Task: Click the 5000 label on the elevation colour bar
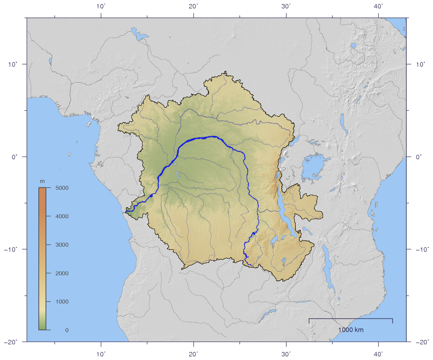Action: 62,188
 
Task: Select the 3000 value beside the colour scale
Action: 62,245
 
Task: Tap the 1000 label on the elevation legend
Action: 62,302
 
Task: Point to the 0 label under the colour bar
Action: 67,330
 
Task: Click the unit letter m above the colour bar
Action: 42,182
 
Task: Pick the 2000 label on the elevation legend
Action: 62,273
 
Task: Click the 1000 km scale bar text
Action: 351,330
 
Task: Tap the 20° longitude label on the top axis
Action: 194,6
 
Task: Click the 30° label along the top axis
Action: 287,6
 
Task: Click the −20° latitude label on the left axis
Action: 13,342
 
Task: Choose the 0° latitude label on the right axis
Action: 418,157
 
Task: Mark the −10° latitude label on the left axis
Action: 13,249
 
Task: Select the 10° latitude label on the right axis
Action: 420,64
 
